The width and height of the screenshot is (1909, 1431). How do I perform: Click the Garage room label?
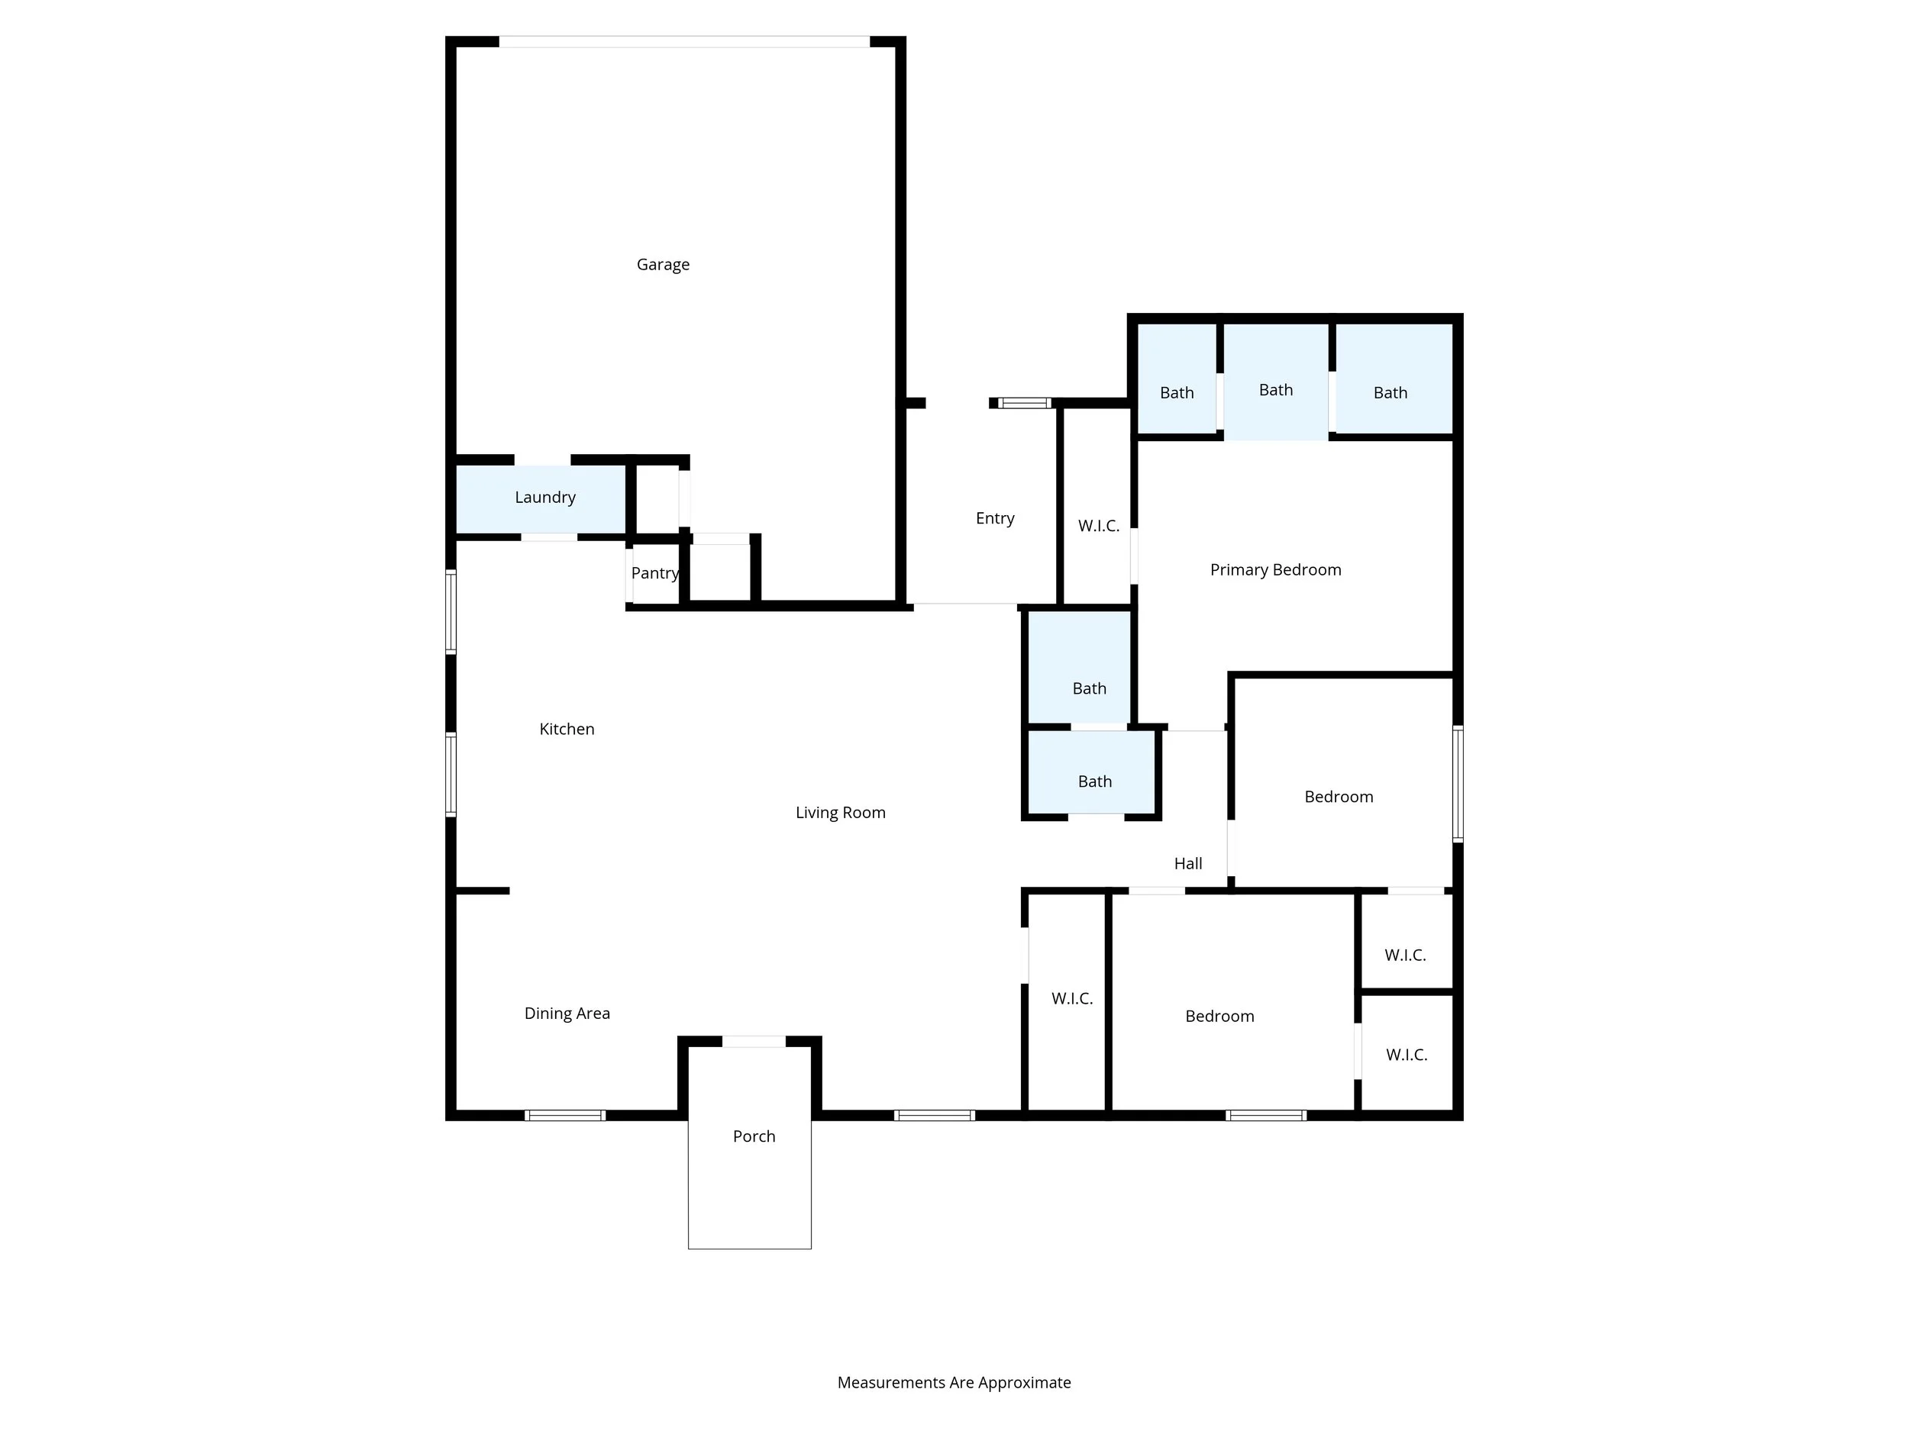coord(663,265)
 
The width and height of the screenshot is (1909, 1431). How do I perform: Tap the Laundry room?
coord(544,498)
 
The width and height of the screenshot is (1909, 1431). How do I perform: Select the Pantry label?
coord(654,574)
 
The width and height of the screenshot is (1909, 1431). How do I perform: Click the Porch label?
coord(754,1137)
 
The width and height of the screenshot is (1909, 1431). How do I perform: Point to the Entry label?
coord(994,518)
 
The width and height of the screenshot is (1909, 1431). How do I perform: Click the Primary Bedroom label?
coord(1274,570)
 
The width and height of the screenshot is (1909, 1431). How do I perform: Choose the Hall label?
coord(1187,863)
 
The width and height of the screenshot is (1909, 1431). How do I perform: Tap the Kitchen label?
coord(566,730)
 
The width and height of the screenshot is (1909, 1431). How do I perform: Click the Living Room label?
coord(840,813)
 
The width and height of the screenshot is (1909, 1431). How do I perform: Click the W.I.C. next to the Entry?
coord(1098,526)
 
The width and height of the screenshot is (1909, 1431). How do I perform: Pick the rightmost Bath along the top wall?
coord(1390,393)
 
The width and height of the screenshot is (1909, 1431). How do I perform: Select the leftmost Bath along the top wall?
coord(1176,393)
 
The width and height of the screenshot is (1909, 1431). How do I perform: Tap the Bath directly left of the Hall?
coord(1094,782)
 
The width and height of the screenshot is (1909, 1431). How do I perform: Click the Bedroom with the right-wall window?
coord(1338,797)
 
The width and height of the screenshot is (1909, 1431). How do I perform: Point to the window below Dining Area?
coord(565,1115)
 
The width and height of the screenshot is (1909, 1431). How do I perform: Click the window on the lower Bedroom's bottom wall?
coord(1265,1115)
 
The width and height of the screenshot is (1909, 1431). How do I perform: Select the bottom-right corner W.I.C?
coord(1406,1055)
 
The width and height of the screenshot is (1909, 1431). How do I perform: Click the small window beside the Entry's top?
coord(1025,403)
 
